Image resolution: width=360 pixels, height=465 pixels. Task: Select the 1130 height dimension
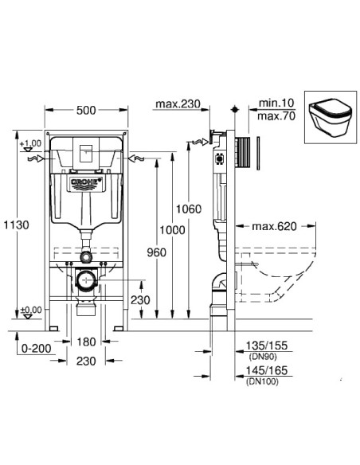16,225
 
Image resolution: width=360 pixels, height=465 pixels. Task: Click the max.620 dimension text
270,227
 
